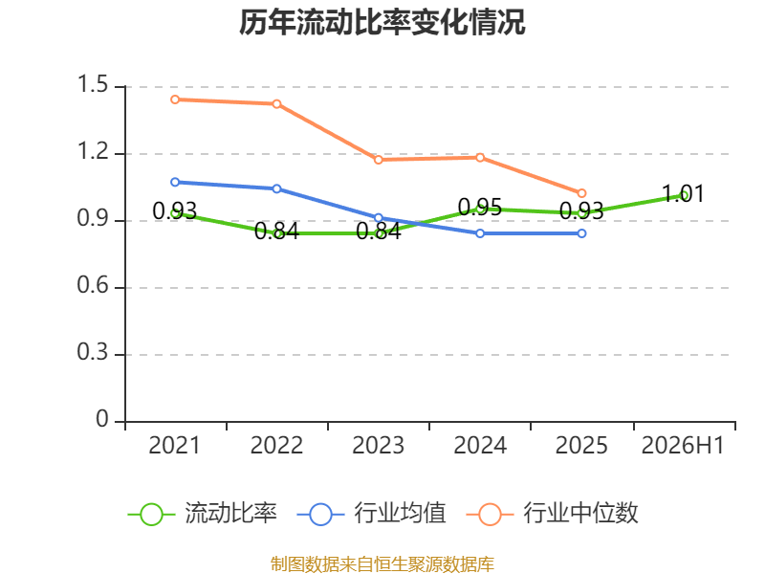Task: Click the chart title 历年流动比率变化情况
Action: [382, 22]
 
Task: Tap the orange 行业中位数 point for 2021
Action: [175, 99]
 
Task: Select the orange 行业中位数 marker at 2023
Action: [379, 160]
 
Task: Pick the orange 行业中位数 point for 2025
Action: [581, 193]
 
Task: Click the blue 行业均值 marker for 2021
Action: [175, 182]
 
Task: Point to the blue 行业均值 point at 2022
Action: [276, 188]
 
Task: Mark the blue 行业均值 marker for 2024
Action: [480, 233]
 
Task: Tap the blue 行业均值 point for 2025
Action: [581, 233]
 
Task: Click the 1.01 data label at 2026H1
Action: [683, 194]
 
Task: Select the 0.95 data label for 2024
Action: [480, 207]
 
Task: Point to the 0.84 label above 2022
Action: [276, 231]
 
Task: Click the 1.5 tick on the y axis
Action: [93, 84]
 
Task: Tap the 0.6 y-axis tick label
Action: [93, 285]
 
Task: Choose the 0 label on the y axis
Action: [102, 419]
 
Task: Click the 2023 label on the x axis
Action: [379, 445]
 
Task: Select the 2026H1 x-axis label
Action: [683, 445]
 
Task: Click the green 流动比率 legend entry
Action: [202, 514]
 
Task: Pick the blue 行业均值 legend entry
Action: [371, 514]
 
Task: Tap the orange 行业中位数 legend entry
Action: [553, 514]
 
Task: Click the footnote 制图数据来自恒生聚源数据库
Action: [382, 564]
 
